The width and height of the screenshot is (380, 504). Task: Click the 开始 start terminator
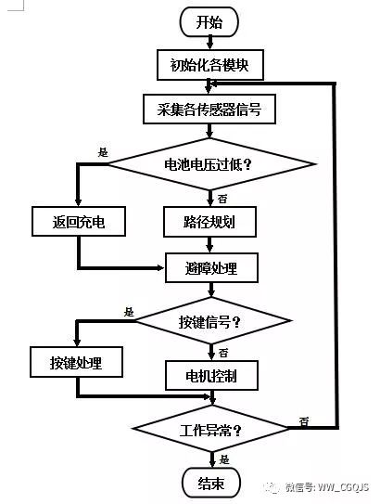coord(209,22)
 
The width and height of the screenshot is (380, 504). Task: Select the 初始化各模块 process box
coord(210,65)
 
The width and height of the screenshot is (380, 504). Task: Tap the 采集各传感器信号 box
coord(209,109)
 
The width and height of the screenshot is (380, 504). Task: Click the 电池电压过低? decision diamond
coord(210,164)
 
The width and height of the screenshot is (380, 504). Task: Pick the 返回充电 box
coord(79,222)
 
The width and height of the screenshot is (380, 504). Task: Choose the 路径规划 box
coord(209,222)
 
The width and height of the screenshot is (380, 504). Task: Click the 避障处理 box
coord(211,267)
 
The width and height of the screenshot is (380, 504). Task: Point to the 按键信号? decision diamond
coord(211,320)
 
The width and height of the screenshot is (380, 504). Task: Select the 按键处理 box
coord(76,362)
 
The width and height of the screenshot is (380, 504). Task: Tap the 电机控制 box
coord(211,375)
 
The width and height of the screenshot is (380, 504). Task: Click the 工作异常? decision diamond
coord(210,429)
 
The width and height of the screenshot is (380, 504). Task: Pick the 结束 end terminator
coord(211,483)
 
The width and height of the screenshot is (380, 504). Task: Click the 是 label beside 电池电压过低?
coord(103,152)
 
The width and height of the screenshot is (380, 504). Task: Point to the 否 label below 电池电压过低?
coord(222,199)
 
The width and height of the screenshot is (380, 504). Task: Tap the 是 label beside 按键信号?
coord(129,312)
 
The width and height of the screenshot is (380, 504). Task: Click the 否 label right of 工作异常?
coord(304,421)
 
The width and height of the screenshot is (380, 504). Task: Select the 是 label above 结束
coord(224,459)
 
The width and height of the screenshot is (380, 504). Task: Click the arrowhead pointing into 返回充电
coord(78,202)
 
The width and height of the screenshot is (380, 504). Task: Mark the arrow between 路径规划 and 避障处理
coord(209,245)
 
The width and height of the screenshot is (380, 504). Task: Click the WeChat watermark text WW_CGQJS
coord(343,487)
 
